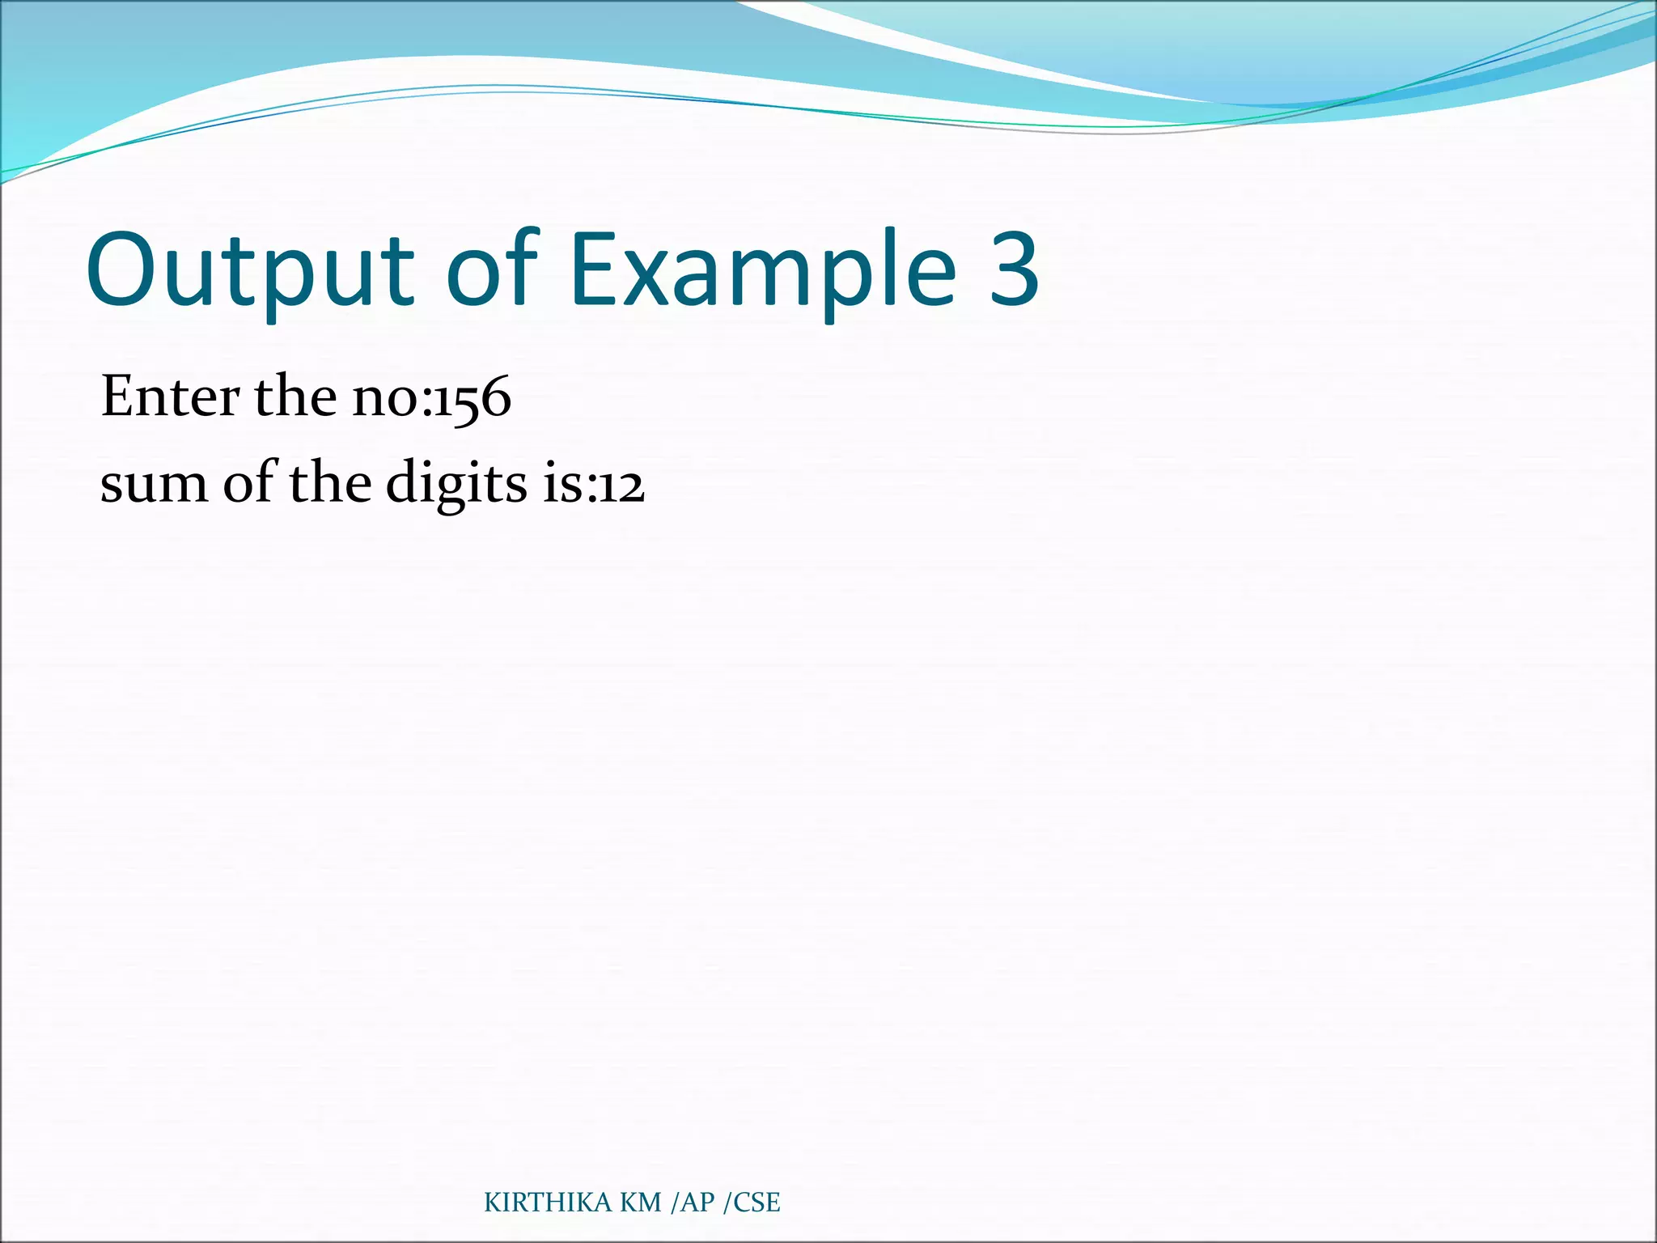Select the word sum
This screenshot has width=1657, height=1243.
[153, 484]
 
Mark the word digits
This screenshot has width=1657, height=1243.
[457, 484]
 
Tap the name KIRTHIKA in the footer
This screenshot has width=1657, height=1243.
[548, 1203]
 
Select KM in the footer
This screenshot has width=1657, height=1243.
[641, 1203]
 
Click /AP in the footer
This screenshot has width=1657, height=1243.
[693, 1203]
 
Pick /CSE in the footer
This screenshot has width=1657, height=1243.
[752, 1203]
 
